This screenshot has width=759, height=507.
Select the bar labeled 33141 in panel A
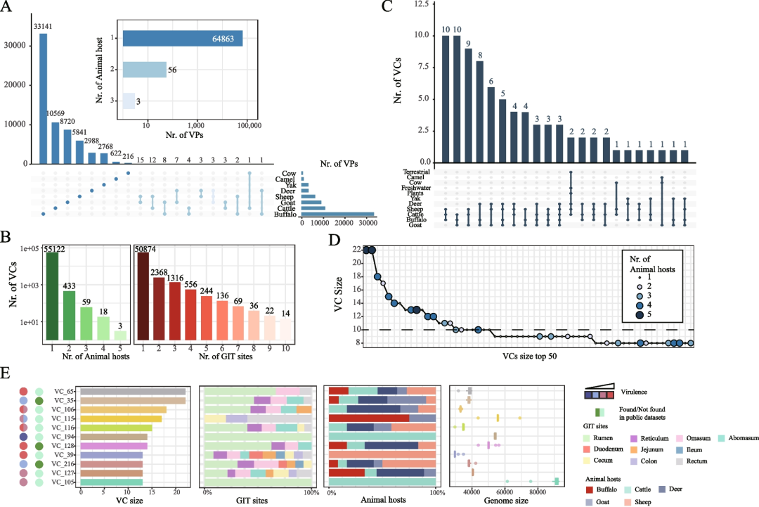44,98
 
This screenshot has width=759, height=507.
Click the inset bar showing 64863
183,38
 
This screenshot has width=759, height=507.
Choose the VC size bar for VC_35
133,400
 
